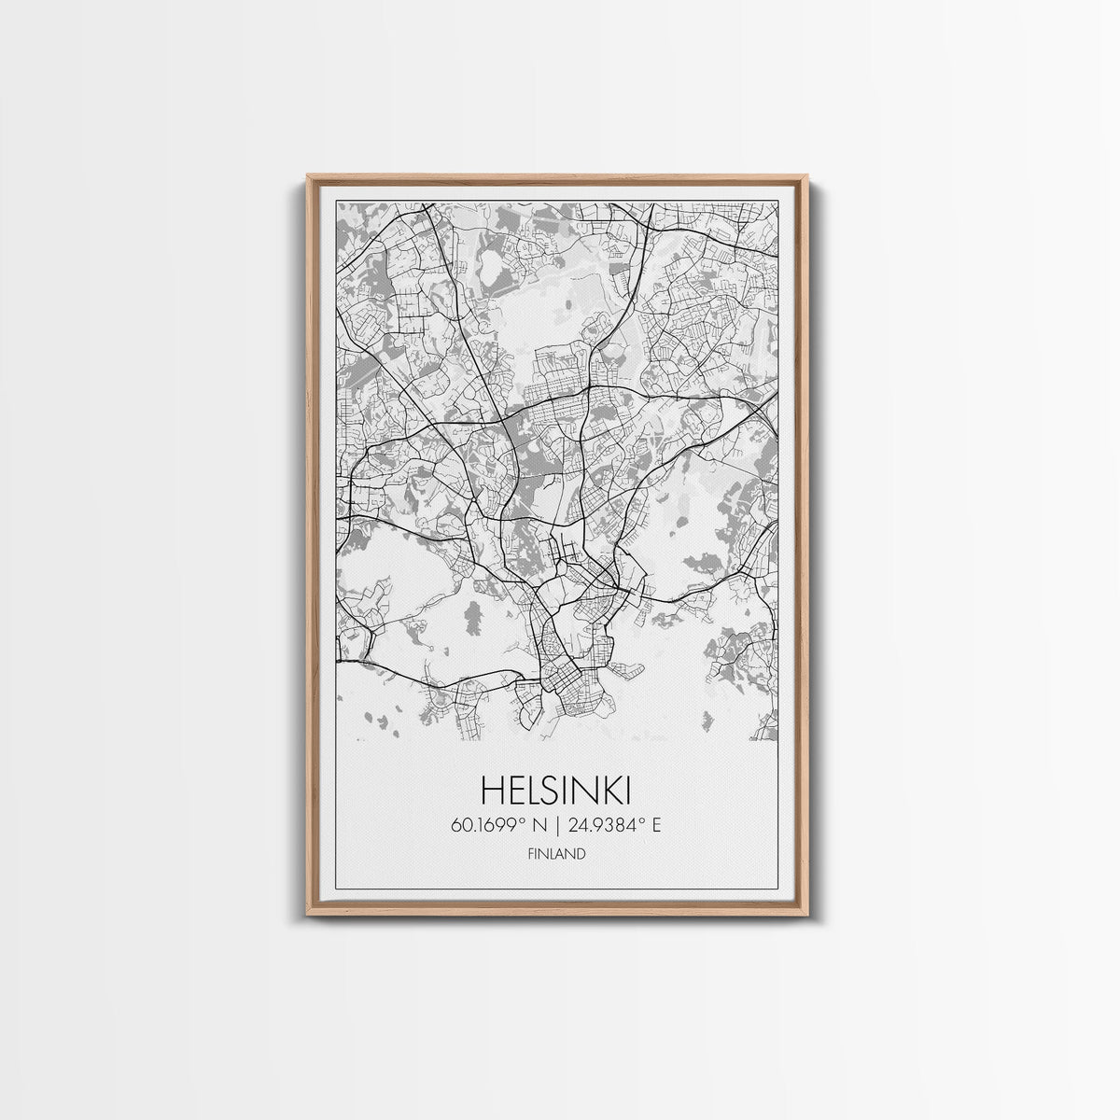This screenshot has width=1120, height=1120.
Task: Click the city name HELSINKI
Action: click(556, 791)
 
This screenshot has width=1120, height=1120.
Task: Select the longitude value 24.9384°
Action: click(608, 825)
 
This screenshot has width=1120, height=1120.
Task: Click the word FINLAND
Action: click(556, 854)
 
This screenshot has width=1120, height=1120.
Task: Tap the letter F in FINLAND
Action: click(530, 854)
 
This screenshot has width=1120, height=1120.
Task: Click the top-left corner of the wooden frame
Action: click(309, 176)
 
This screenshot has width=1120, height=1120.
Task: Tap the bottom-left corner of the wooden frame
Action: click(309, 912)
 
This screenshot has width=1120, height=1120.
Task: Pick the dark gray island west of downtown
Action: click(473, 617)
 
